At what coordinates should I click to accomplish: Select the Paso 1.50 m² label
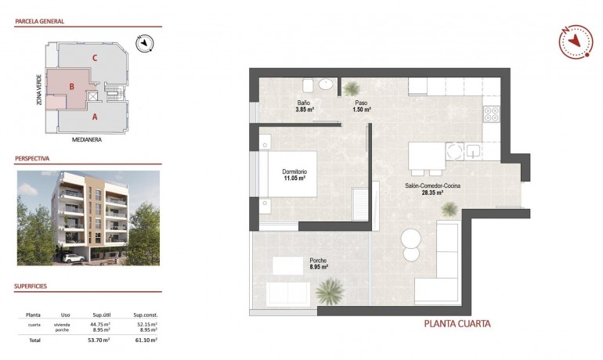pyautogui.click(x=361, y=106)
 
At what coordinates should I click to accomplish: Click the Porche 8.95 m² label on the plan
pyautogui.click(x=318, y=264)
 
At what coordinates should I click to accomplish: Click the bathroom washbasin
pyautogui.click(x=325, y=85)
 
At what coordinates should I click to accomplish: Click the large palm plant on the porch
pyautogui.click(x=330, y=293)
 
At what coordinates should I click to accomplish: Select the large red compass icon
pyautogui.click(x=576, y=41)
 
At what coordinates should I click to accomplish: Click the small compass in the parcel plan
pyautogui.click(x=143, y=45)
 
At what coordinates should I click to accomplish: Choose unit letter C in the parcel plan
pyautogui.click(x=94, y=57)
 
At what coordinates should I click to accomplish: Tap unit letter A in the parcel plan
pyautogui.click(x=95, y=117)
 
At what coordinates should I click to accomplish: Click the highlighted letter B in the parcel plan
pyautogui.click(x=71, y=87)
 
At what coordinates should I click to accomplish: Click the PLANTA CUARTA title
pyautogui.click(x=457, y=323)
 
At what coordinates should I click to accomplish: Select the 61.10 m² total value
pyautogui.click(x=146, y=340)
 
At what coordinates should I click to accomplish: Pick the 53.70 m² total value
pyautogui.click(x=98, y=340)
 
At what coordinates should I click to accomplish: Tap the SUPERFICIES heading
pyautogui.click(x=31, y=286)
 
